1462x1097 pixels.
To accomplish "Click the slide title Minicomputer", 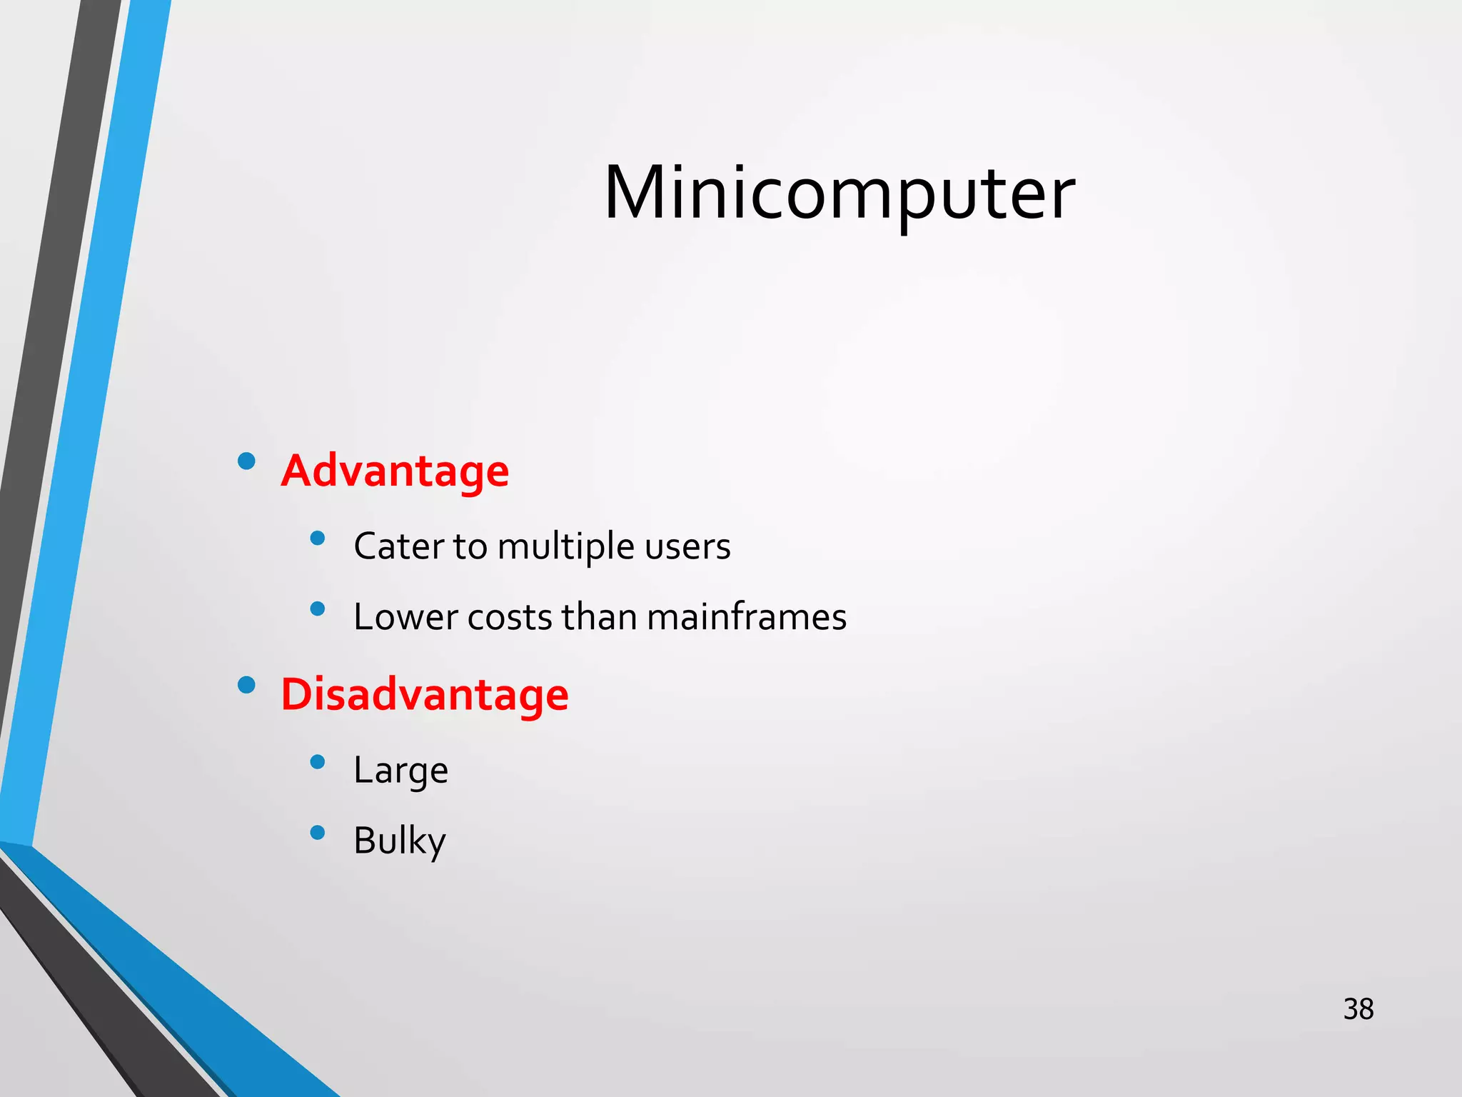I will [x=839, y=193].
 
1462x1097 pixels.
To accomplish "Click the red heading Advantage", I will [x=395, y=471].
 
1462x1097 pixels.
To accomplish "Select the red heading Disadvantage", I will [x=425, y=695].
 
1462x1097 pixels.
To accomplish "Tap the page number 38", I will [x=1358, y=1009].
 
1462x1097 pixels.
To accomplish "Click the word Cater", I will [x=398, y=546].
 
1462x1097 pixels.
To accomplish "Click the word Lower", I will [x=405, y=617].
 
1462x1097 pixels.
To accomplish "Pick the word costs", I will [x=510, y=618].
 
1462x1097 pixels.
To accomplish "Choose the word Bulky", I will [x=399, y=841].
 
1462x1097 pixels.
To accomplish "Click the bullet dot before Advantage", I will [x=246, y=461].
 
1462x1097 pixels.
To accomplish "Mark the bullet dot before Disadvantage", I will [x=246, y=685].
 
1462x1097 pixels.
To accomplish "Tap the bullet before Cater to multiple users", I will [x=318, y=538].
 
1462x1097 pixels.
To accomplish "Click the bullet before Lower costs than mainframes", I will [x=318, y=608].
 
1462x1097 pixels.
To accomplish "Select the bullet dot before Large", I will [x=318, y=762].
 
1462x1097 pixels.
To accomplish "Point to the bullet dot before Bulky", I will [x=318, y=832].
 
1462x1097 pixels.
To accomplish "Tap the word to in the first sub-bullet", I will [x=470, y=547].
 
